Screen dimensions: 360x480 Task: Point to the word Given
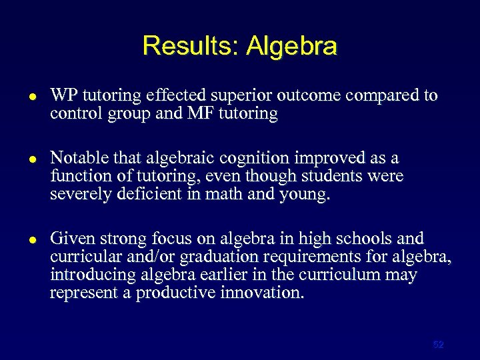[x=70, y=239]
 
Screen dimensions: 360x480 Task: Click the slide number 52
[x=438, y=345]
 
